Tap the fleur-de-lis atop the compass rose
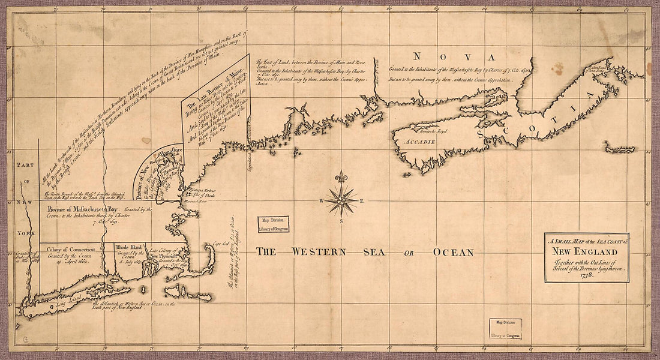tap(341, 178)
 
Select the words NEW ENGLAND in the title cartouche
tap(586, 251)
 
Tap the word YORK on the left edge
tap(26, 230)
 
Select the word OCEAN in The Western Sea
tap(453, 252)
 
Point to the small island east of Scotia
tap(619, 149)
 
